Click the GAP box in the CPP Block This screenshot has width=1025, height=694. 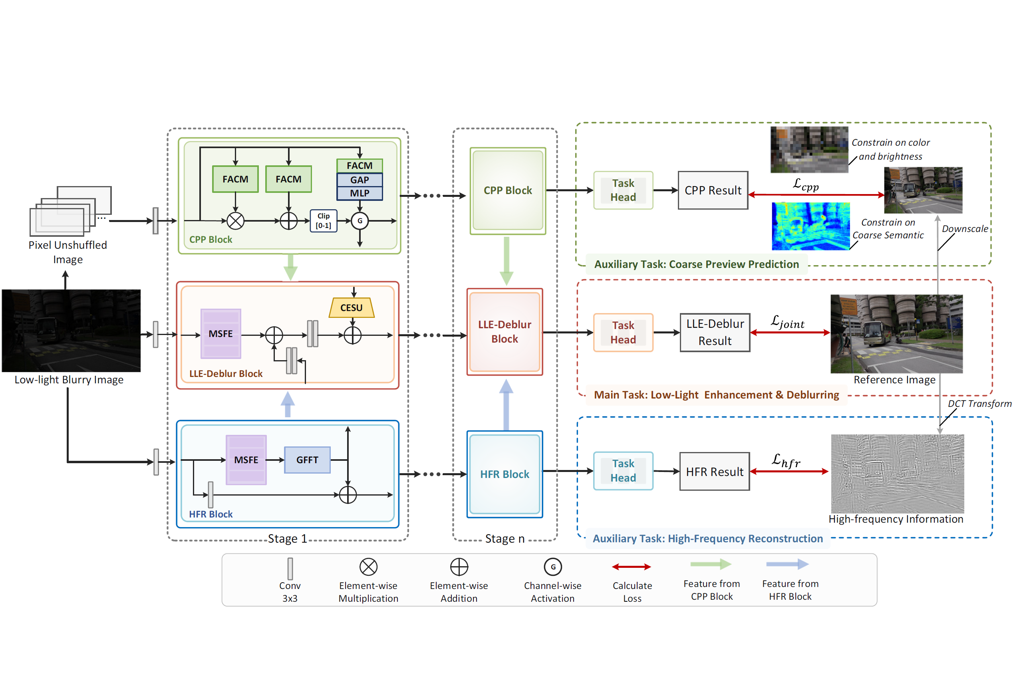click(360, 180)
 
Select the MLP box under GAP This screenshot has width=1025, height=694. click(360, 193)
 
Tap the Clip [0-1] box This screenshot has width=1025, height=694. click(323, 221)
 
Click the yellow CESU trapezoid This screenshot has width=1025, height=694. click(352, 308)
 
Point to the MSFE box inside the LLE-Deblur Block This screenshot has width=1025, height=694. click(220, 334)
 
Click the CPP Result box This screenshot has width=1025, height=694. click(713, 190)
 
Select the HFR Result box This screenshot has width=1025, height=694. click(715, 472)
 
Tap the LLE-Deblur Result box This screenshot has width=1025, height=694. click(715, 333)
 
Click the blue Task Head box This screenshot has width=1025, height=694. click(623, 471)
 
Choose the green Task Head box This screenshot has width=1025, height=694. click(623, 190)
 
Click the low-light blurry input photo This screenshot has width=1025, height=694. click(72, 331)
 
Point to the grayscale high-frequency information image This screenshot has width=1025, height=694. click(897, 474)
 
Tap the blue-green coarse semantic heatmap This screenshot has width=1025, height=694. click(810, 226)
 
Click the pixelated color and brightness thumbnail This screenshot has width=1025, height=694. click(809, 150)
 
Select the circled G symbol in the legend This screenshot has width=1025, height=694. click(552, 567)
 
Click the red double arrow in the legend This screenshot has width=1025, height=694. click(632, 567)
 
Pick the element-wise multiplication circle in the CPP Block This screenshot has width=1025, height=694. click(235, 221)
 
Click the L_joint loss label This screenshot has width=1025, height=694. click(788, 322)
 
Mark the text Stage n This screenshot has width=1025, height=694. click(505, 539)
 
